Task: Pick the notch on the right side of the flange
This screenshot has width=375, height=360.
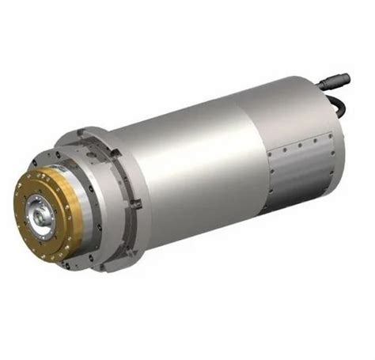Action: (135, 204)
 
